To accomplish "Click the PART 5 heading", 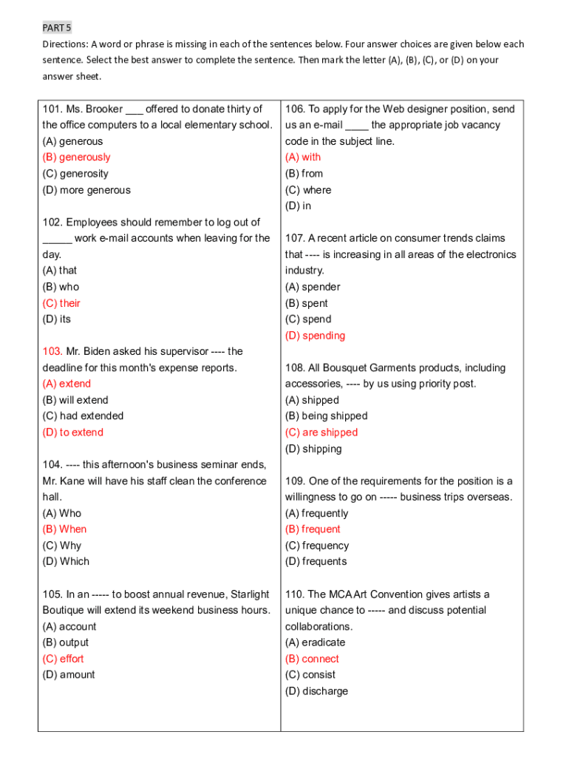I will (55, 27).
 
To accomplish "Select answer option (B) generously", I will (76, 157).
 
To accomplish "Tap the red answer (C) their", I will (61, 303).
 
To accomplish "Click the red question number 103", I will (52, 351).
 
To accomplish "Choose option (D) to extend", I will (72, 432).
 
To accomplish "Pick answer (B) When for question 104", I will (64, 529).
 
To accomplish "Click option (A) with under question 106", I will (303, 157).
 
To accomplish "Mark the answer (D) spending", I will (315, 336).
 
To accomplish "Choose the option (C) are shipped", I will (321, 432).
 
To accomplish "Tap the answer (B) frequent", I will (313, 529).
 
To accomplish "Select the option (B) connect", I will (312, 659).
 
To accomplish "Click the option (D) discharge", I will (316, 691).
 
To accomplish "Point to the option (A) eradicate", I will (315, 642).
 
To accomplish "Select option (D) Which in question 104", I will (66, 562).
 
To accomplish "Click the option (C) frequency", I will (316, 546).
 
